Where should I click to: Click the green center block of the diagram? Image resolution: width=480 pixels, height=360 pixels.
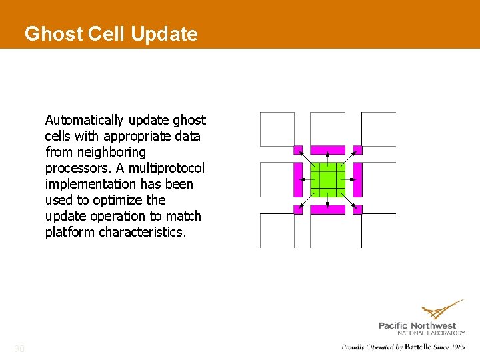click(328, 179)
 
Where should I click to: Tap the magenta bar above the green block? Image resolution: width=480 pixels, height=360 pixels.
click(328, 150)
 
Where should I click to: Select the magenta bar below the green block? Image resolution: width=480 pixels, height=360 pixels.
click(328, 209)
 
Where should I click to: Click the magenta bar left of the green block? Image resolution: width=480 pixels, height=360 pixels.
click(298, 179)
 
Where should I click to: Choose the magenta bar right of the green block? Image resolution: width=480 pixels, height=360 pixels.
click(357, 179)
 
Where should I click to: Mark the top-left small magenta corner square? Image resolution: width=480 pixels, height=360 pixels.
click(298, 150)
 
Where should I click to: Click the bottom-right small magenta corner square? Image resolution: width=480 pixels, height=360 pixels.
click(357, 209)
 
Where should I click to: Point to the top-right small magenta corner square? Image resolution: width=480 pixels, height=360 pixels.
click(357, 150)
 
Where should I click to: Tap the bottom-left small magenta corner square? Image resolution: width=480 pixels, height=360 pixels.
click(298, 209)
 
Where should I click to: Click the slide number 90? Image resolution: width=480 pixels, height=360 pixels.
click(19, 348)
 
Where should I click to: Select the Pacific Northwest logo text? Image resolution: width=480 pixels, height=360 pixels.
click(417, 325)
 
